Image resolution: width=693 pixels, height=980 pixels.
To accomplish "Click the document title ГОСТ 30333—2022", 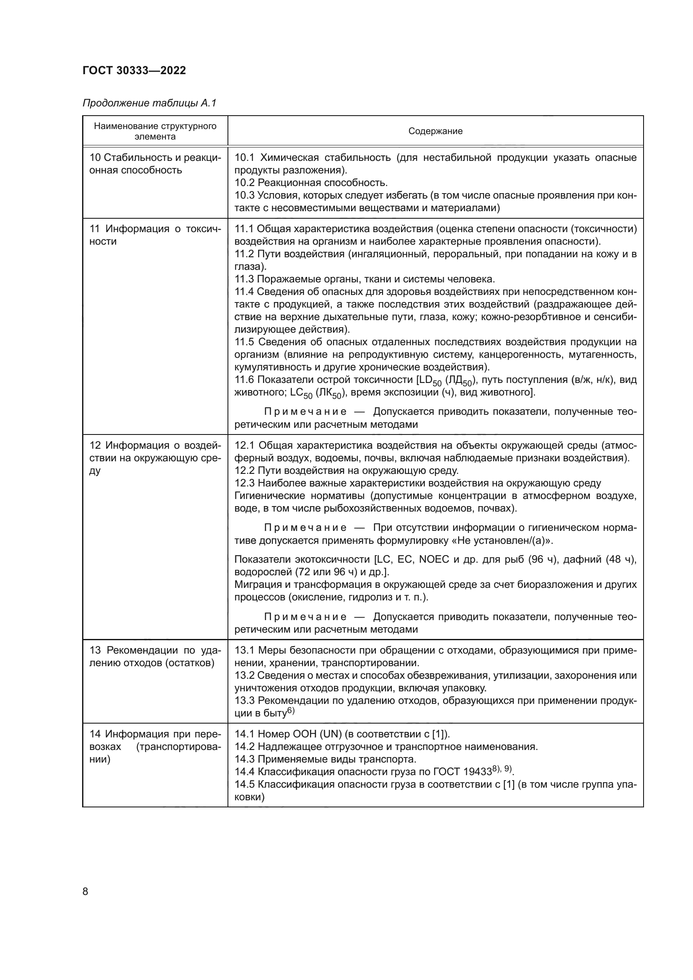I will pos(134,70).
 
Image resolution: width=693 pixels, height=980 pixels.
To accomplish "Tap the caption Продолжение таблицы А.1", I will pos(149,103).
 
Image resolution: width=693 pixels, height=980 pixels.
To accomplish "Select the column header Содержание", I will pos(435,131).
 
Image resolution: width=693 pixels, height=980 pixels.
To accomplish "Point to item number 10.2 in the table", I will pos(245,183).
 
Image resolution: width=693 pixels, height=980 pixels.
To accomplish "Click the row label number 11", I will pos(95,229).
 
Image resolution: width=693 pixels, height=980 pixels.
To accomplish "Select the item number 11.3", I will pos(244,279).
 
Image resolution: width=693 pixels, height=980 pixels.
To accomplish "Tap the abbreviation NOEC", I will pos(434,559).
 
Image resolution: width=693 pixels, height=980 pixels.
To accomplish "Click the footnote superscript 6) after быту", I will pos(291,711).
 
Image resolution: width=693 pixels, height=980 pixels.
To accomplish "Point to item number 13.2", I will pos(245,675).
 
